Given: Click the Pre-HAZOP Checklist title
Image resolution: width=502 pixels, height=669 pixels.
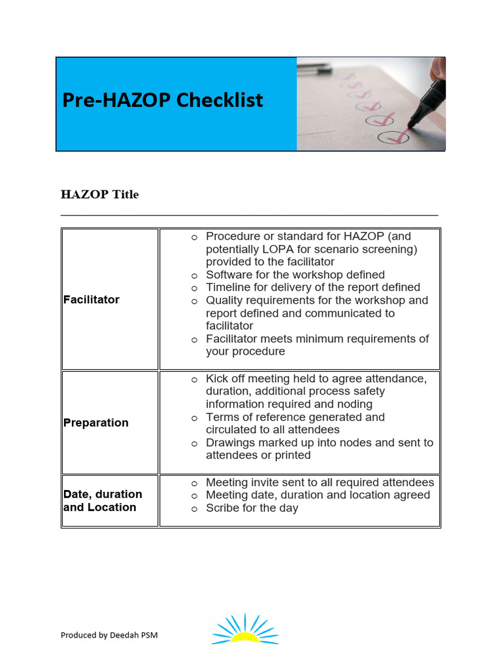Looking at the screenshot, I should pyautogui.click(x=163, y=101).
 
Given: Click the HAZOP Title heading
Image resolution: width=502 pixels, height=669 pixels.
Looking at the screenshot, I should pyautogui.click(x=99, y=195).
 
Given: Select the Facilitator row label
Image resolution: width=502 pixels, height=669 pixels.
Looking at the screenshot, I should pyautogui.click(x=92, y=300).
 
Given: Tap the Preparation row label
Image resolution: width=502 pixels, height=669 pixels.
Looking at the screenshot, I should pyautogui.click(x=96, y=423).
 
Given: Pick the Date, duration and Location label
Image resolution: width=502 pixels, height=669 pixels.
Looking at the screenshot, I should pyautogui.click(x=103, y=500).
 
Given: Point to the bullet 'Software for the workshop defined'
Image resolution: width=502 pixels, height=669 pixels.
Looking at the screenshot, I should pyautogui.click(x=295, y=274).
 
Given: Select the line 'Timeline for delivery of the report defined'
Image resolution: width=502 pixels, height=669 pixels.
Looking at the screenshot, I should pyautogui.click(x=312, y=287).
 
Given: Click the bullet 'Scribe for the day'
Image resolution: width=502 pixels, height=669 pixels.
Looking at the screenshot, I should pyautogui.click(x=252, y=508).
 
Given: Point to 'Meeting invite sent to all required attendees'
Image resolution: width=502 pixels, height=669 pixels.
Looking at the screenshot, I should pyautogui.click(x=320, y=483).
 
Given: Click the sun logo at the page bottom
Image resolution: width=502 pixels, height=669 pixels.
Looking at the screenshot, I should pyautogui.click(x=246, y=629).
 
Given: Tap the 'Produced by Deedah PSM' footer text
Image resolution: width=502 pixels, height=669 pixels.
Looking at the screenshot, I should pyautogui.click(x=109, y=635).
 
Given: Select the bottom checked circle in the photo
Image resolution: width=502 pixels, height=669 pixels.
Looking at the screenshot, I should pyautogui.click(x=394, y=137).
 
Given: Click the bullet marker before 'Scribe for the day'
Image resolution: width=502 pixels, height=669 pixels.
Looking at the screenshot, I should pyautogui.click(x=195, y=509).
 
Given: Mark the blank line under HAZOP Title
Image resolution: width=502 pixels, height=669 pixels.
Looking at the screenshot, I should pyautogui.click(x=249, y=214).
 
